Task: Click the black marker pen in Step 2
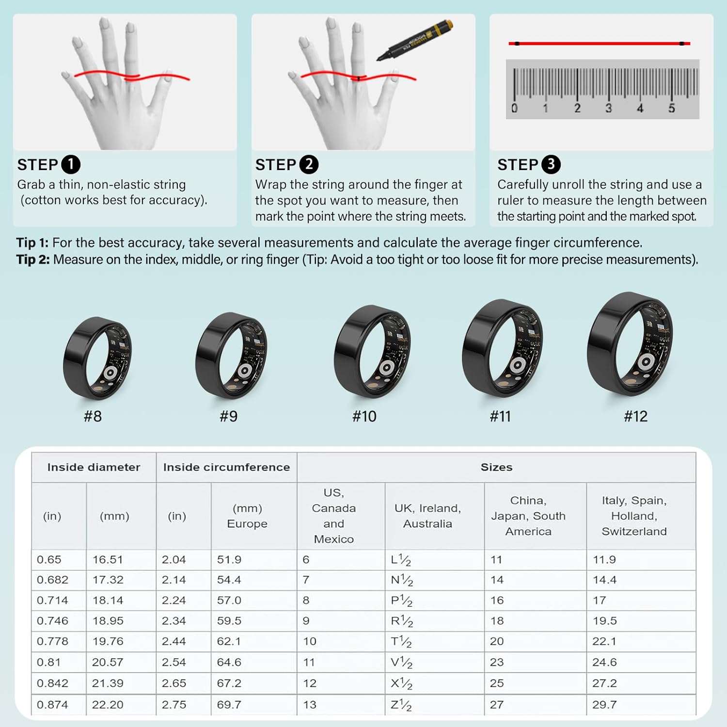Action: pos(415,40)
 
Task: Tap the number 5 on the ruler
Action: pos(672,108)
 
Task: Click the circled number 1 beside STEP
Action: pos(71,164)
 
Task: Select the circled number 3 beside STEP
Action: pos(551,164)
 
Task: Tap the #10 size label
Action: pos(364,416)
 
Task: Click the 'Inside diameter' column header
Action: pos(94,467)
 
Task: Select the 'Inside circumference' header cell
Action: pos(226,467)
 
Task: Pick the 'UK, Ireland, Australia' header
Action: pos(427,516)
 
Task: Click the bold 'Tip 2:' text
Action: pos(33,260)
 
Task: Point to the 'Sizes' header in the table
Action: pos(496,467)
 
